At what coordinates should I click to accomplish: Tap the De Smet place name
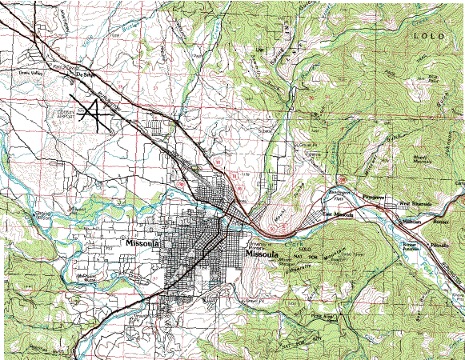tap(89, 76)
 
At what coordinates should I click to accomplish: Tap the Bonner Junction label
tap(409, 230)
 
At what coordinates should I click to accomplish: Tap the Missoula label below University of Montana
tap(265, 254)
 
